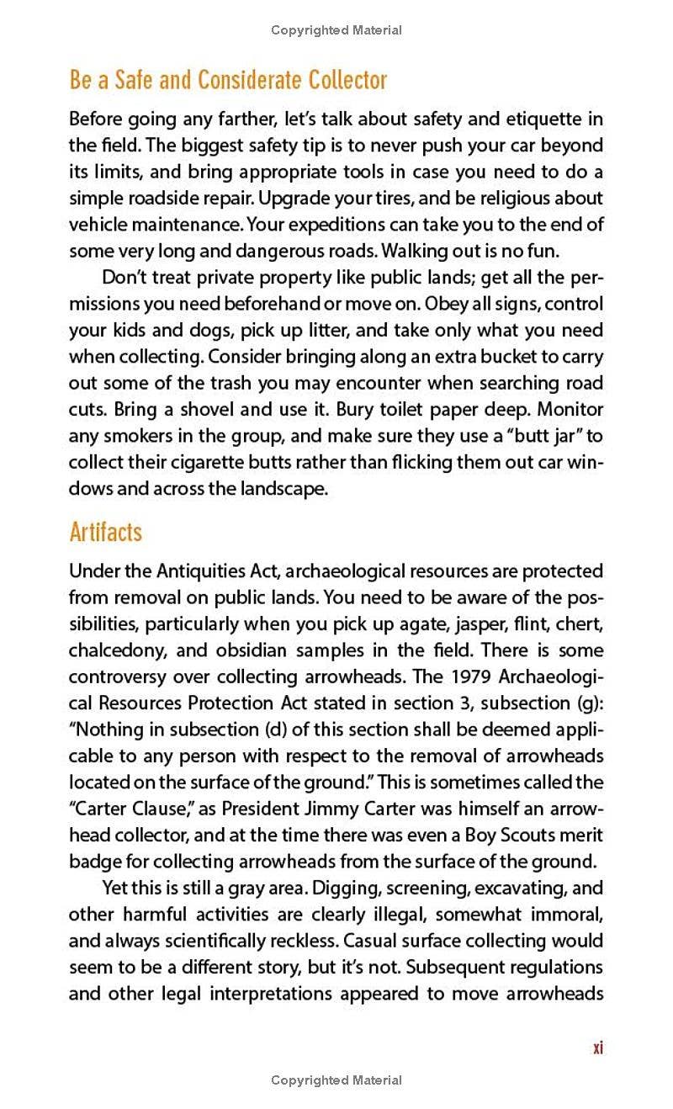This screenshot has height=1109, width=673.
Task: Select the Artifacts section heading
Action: (106, 532)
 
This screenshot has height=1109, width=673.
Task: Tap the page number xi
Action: (597, 1048)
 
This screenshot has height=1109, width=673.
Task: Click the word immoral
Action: (565, 915)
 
